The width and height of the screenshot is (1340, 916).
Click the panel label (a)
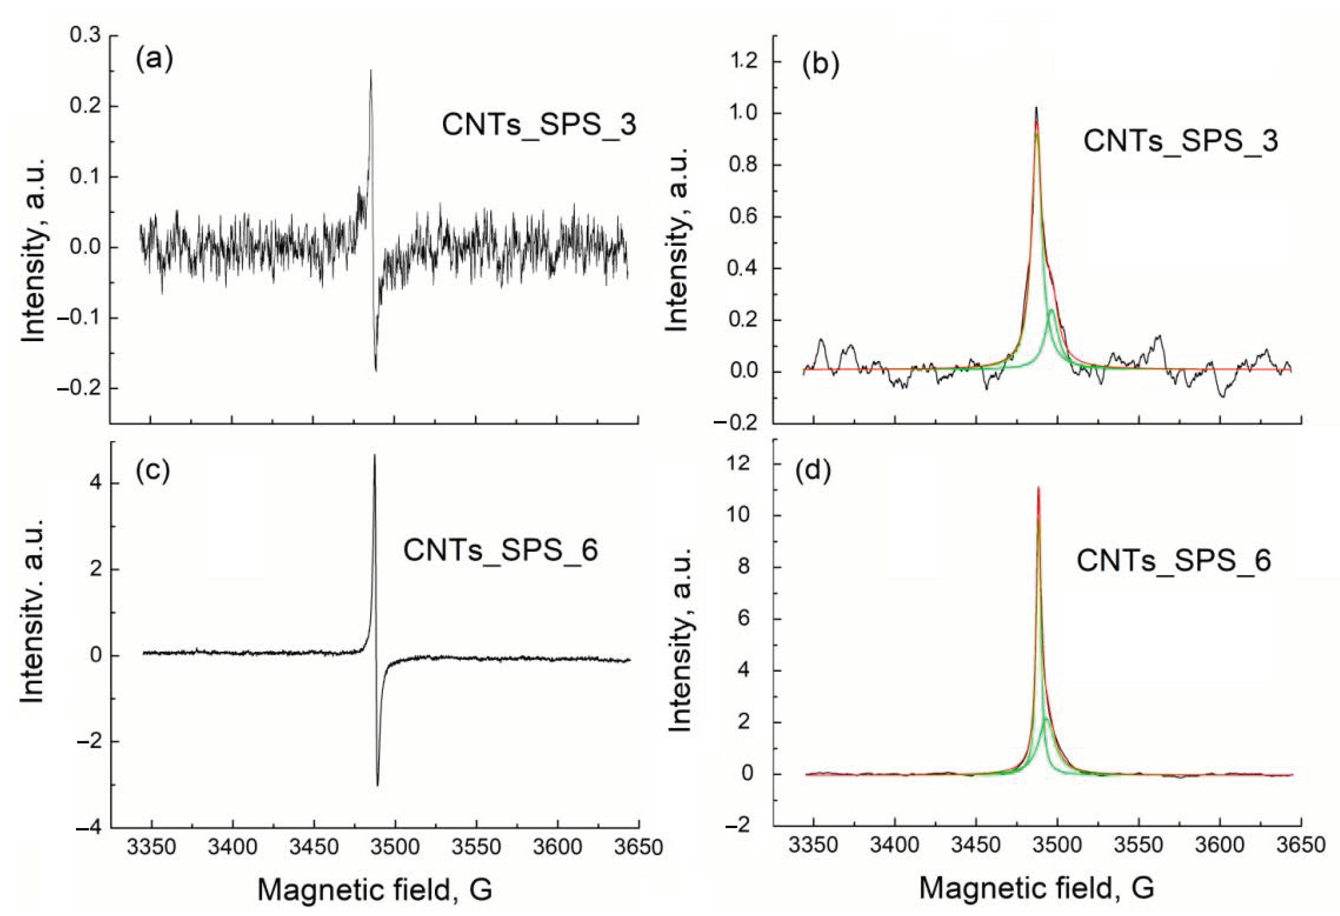[x=154, y=60]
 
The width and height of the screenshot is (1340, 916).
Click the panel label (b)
[x=821, y=65]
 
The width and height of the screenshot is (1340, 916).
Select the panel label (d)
[x=813, y=471]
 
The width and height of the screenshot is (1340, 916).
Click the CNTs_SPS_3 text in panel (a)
[x=539, y=125]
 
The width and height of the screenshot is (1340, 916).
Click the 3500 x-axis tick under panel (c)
[x=395, y=847]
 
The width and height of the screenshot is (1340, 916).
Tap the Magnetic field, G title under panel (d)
[x=1036, y=888]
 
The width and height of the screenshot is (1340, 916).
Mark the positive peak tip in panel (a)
[x=371, y=71]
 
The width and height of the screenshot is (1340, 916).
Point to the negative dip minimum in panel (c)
[x=377, y=785]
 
